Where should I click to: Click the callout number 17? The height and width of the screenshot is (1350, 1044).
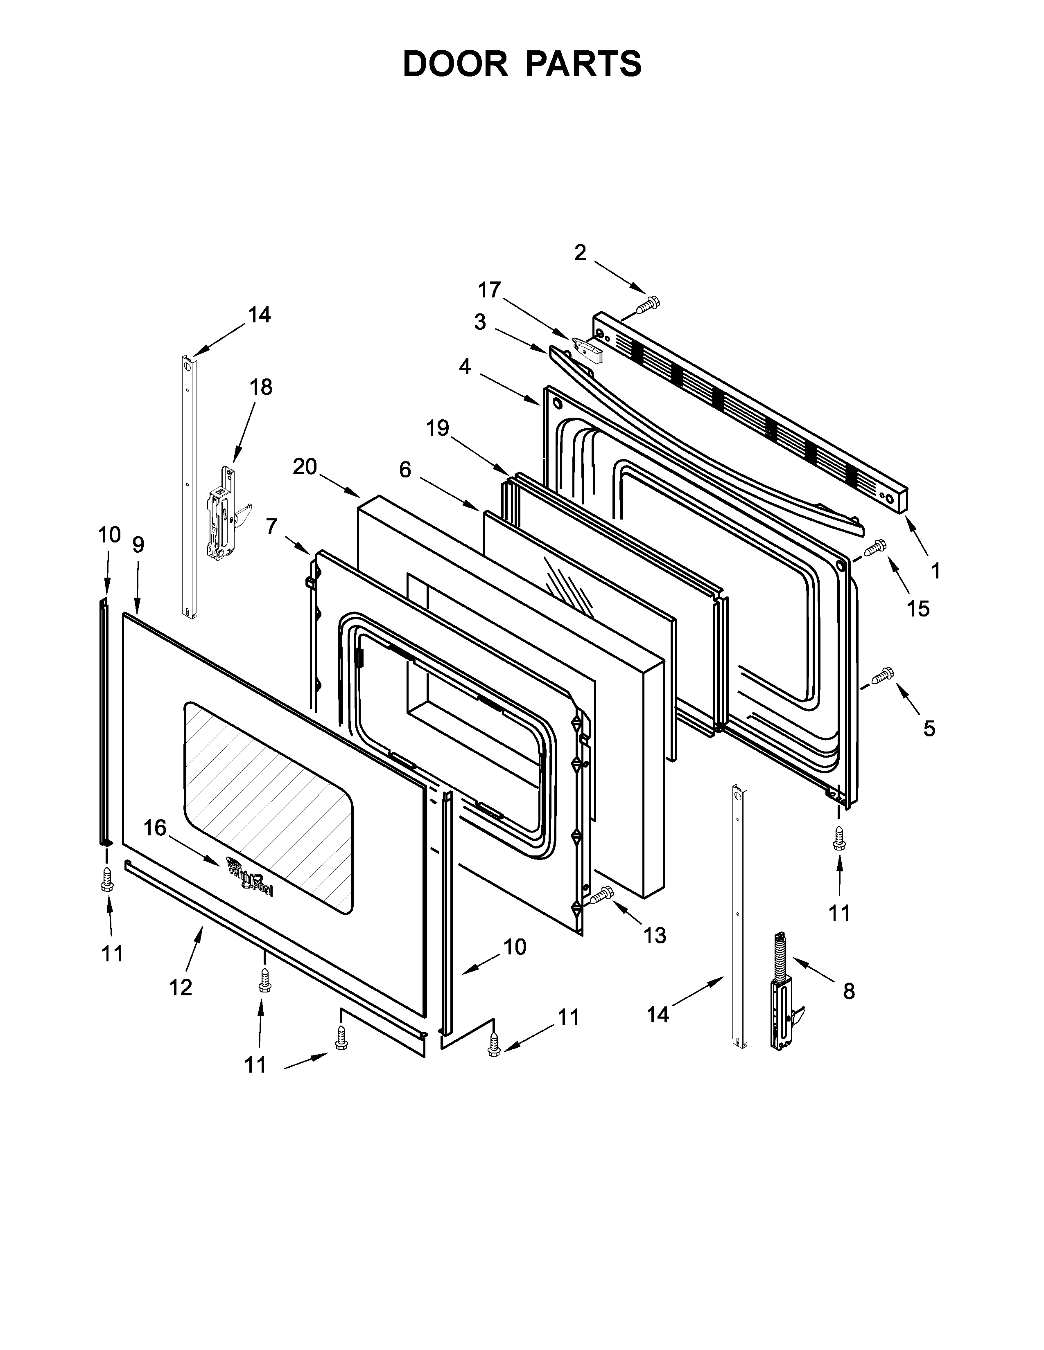coord(489,290)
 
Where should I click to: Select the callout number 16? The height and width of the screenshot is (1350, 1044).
coord(155,828)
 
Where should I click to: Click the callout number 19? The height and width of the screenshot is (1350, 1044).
coord(438,428)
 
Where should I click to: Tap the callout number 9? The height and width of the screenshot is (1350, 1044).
coord(138,544)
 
